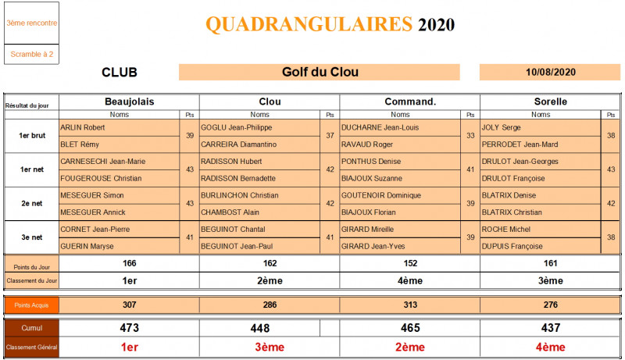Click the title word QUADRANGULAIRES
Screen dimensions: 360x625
pos(309,24)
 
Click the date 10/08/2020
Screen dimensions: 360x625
pos(551,73)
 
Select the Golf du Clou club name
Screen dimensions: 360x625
pos(320,73)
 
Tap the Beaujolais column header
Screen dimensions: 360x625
pos(129,102)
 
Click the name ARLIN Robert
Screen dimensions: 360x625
pos(83,127)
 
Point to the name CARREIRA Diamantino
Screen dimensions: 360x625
pos(239,144)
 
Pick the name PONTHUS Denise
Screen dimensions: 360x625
pos(366,162)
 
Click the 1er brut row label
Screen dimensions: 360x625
pos(31,135)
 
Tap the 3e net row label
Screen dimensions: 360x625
pos(31,237)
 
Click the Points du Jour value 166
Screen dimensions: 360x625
pos(129,264)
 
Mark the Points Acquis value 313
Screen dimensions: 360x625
pos(409,305)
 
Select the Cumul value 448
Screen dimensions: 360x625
pos(270,329)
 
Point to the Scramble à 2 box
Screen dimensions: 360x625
pos(31,54)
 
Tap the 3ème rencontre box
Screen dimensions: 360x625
pos(31,23)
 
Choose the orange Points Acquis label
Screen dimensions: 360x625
pos(31,305)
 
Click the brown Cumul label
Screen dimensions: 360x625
pos(31,329)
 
